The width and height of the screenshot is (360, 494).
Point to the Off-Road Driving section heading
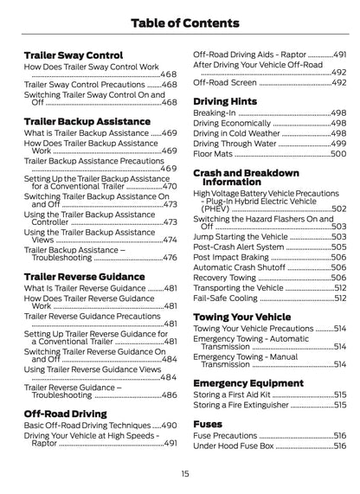[x=65, y=414]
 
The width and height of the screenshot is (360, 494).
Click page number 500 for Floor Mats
[x=338, y=154]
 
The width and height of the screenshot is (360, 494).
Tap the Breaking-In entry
[x=213, y=113]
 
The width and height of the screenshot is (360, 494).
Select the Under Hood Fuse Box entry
[x=233, y=446]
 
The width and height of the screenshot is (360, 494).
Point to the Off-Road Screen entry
[x=225, y=82]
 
